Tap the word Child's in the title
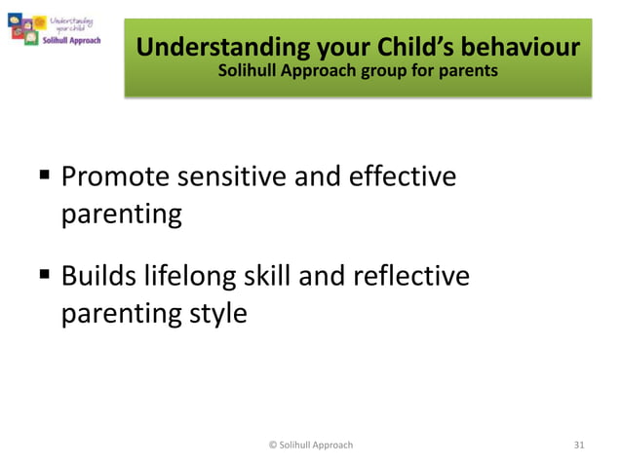pos(400,47)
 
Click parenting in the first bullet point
pos(122,214)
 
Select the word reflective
pos(416,277)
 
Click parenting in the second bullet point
pos(122,314)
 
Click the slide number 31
pos(579,445)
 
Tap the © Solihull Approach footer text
pos(310,445)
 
